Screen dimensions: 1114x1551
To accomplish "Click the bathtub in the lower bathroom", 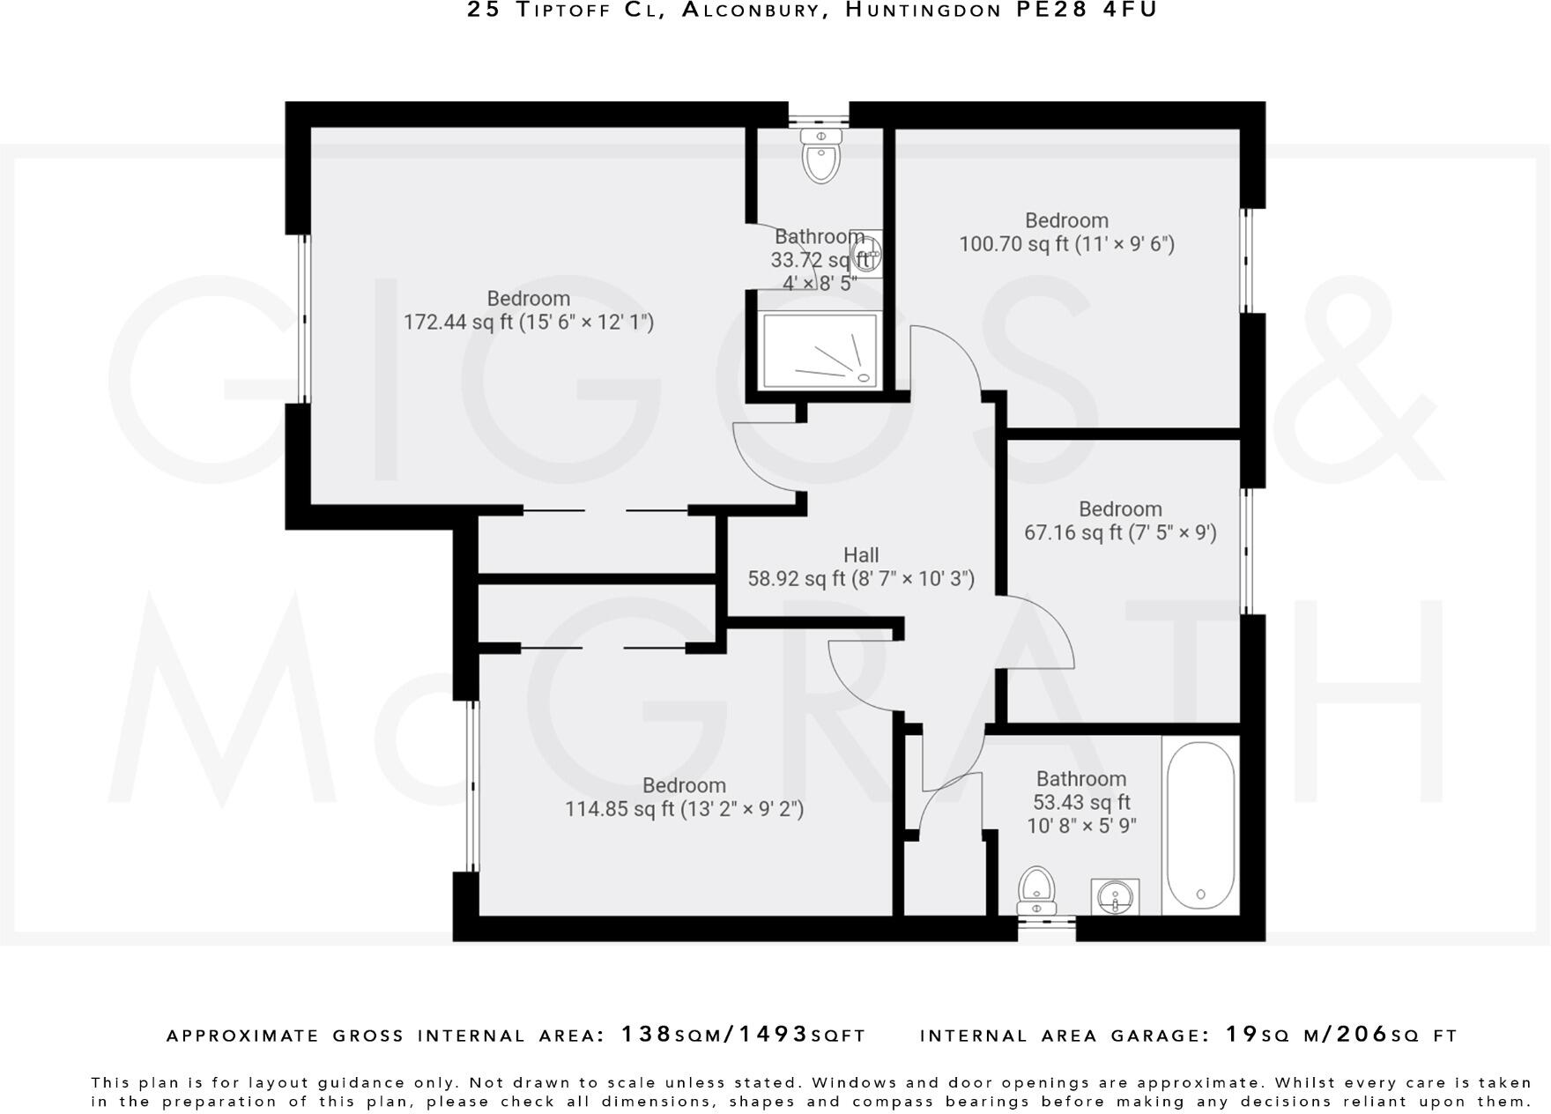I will click(x=1200, y=825).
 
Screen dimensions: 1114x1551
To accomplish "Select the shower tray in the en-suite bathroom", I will click(x=820, y=350).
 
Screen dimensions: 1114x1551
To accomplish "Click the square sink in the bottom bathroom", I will click(x=1115, y=897).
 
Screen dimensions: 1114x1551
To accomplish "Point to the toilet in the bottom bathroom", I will click(x=1036, y=890).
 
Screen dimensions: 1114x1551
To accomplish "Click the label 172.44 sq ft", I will click(x=529, y=323).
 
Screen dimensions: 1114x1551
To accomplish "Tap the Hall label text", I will click(x=861, y=555).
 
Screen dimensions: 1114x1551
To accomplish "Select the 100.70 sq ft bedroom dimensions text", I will click(x=1066, y=244).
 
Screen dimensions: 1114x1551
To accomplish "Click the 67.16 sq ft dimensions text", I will click(x=1120, y=532).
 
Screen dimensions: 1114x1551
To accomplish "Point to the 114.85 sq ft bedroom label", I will click(x=684, y=808).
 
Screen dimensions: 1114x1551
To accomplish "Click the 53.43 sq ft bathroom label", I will click(x=1081, y=802).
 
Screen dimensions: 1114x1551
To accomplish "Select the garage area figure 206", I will click(x=1362, y=1034).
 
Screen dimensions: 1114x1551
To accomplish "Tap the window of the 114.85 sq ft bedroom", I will click(x=472, y=786).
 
